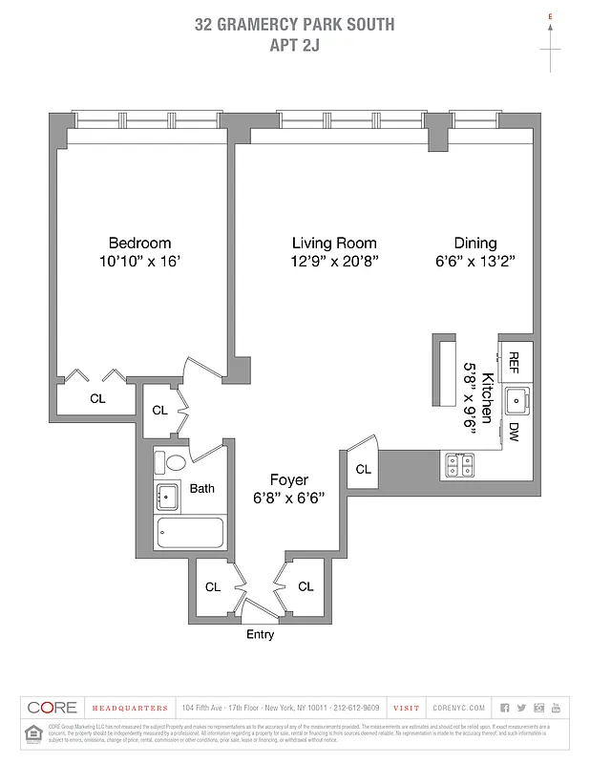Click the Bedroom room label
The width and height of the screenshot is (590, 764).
139,243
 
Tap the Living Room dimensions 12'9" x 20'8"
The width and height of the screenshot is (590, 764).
334,261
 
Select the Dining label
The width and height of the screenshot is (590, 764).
474,243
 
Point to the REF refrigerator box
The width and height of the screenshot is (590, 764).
514,361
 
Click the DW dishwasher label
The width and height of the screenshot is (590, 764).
514,432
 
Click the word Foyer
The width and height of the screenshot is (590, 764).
288,480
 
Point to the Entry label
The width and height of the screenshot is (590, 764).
260,635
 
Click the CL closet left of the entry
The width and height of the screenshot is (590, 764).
214,586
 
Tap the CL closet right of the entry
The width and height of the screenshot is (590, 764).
306,586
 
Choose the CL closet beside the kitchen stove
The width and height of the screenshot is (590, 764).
363,469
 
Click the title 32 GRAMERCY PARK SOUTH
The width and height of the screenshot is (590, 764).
294,25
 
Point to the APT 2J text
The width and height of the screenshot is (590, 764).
294,43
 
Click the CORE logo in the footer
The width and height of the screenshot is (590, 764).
52,708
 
